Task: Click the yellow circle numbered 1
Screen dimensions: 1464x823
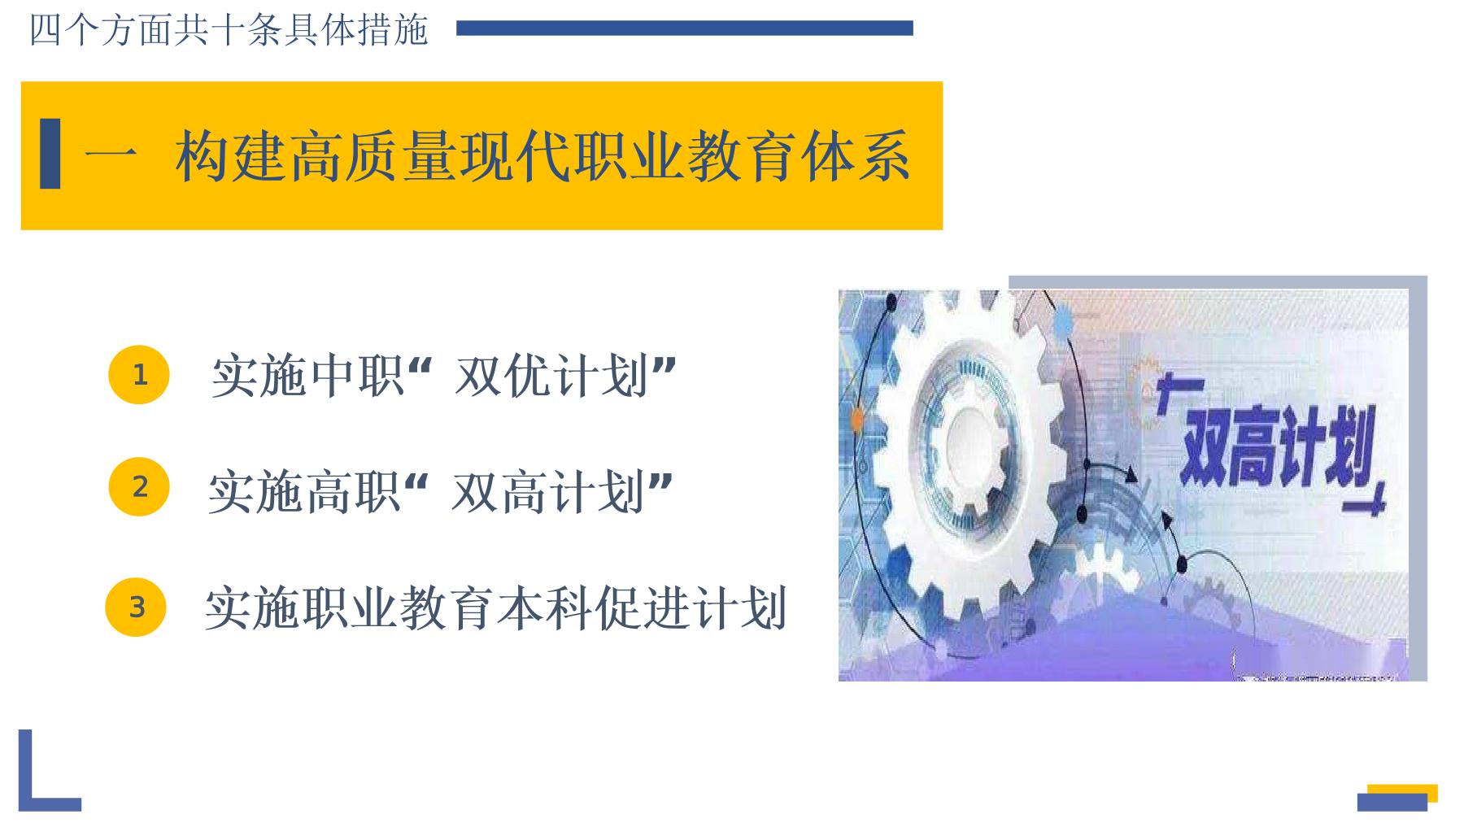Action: (139, 375)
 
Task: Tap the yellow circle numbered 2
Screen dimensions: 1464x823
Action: (139, 486)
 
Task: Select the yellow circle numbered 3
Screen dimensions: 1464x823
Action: (136, 607)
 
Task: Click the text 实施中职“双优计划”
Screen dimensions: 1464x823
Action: (444, 376)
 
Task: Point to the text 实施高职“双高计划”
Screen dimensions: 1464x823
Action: (441, 491)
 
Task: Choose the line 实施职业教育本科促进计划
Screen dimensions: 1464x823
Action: (495, 608)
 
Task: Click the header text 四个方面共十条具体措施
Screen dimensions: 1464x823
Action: (229, 30)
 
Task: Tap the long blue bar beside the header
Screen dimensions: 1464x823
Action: (685, 28)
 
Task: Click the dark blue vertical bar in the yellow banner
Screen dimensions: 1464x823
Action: (50, 154)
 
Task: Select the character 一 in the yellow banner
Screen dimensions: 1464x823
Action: (111, 155)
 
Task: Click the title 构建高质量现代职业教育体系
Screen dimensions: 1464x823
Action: (542, 155)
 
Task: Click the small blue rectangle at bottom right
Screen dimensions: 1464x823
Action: (1392, 802)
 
